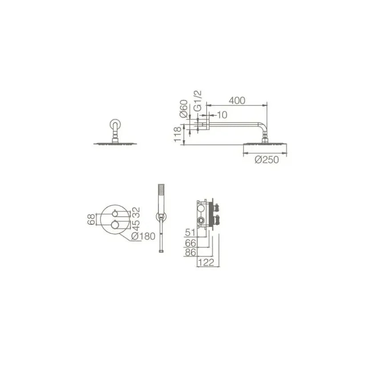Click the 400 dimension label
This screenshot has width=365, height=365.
pos(237,101)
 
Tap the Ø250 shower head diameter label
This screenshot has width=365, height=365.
pos(267,160)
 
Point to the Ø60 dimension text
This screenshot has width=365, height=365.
pos(184,108)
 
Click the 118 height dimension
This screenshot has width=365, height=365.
pos(177,134)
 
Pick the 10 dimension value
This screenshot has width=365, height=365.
pos(222,115)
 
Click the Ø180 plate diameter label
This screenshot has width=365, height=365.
pos(143,236)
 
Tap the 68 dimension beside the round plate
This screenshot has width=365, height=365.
pos(92,219)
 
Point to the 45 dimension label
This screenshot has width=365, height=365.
pos(136,225)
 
